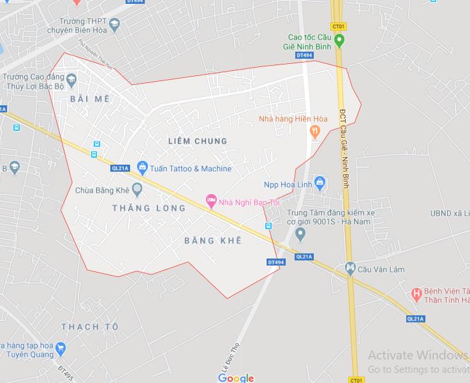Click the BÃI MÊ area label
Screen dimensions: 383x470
coord(89,99)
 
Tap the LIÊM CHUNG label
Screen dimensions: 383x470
coord(196,140)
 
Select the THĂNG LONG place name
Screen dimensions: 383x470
coord(149,208)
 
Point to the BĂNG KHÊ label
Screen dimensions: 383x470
coord(212,241)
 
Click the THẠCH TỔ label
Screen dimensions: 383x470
coord(90,327)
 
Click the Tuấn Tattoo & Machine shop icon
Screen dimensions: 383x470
coord(142,168)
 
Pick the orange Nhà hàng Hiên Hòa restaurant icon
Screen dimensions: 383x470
coord(314,131)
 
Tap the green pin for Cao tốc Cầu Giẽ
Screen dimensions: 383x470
coord(339,41)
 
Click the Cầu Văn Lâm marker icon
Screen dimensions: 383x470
coord(349,267)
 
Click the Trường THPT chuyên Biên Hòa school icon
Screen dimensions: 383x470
coord(114,25)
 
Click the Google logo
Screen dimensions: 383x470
coord(235,378)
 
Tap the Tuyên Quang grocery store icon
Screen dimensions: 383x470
coord(61,349)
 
